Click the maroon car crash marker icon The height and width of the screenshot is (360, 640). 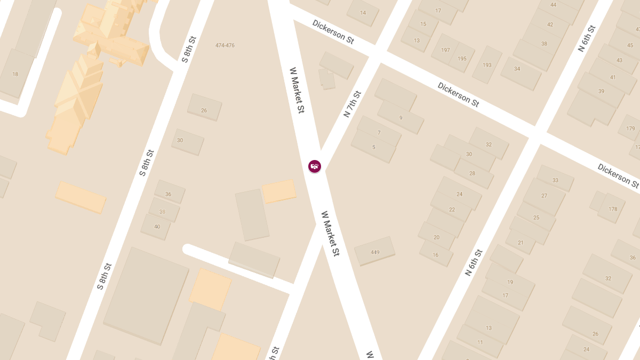(315, 166)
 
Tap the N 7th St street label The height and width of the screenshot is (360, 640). (353, 104)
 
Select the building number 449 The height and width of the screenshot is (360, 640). (375, 252)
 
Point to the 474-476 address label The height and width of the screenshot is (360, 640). (225, 45)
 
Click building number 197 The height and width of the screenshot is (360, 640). (446, 50)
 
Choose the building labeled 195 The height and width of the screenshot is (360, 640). (462, 59)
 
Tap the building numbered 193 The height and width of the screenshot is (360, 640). (487, 65)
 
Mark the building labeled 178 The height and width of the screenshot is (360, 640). (613, 209)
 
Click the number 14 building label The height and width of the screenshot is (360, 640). (363, 13)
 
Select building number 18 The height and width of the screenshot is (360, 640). (15, 74)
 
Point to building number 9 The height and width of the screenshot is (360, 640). (401, 118)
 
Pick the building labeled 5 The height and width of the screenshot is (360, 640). (373, 147)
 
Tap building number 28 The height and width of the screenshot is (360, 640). (472, 173)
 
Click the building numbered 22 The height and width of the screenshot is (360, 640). (452, 210)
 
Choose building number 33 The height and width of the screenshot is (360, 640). (555, 180)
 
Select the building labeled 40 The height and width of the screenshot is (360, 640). (157, 227)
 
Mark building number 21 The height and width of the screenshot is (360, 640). (521, 243)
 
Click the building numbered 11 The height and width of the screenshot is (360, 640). (480, 342)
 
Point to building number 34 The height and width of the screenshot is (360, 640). (517, 69)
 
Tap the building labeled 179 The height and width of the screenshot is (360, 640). (630, 129)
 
